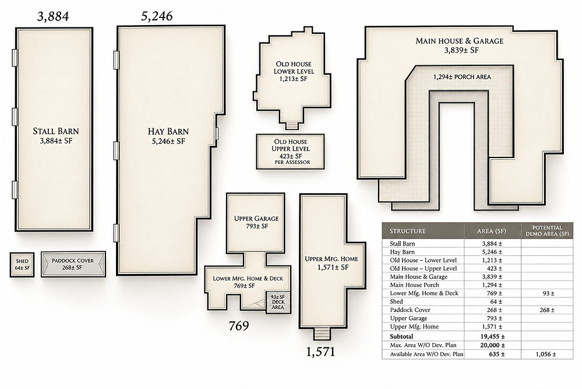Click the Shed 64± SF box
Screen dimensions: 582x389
[22, 265]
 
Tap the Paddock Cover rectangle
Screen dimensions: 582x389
[73, 264]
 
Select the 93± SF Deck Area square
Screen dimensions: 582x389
[278, 302]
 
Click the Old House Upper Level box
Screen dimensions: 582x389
[290, 152]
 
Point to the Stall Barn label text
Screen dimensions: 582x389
[56, 131]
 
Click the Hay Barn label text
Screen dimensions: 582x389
[168, 132]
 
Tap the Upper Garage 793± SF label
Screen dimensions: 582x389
[256, 222]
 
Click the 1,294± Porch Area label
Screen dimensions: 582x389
[462, 77]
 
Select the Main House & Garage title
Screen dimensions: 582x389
[460, 41]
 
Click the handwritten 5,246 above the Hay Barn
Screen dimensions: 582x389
[157, 16]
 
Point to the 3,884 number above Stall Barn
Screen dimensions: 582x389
[53, 16]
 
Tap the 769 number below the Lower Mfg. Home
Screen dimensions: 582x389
[239, 326]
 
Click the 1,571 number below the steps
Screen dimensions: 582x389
[320, 352]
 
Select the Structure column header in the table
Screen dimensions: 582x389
[408, 231]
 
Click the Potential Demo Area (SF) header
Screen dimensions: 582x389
[547, 231]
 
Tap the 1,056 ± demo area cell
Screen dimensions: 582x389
[546, 354]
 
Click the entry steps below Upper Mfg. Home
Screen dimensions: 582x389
[322, 334]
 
